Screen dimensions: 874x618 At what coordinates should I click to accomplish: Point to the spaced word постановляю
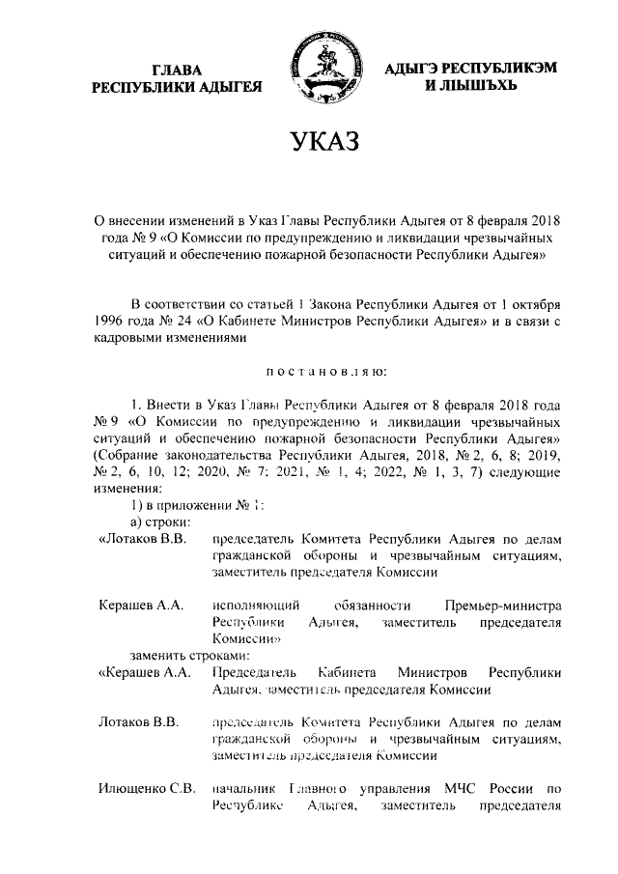coord(323,370)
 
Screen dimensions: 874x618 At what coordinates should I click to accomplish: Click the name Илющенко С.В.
coord(148,790)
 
